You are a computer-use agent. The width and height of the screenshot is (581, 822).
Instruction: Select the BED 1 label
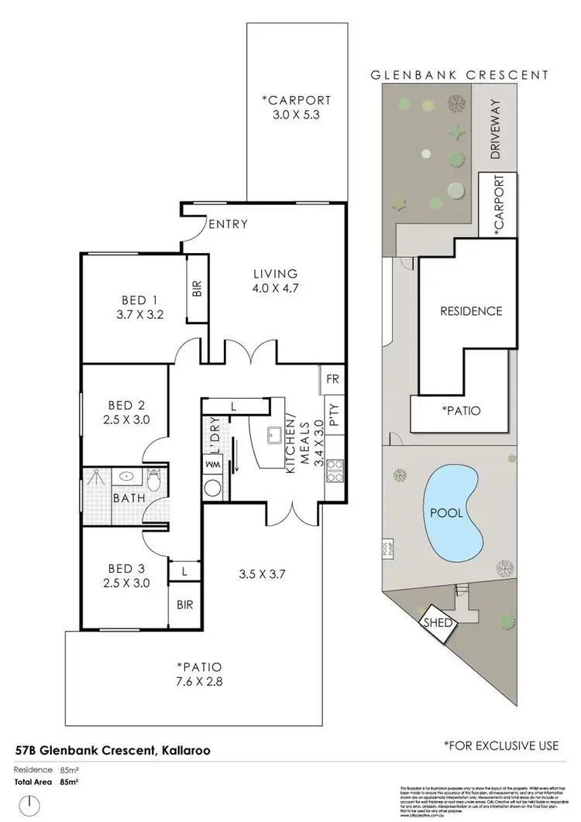pos(139,300)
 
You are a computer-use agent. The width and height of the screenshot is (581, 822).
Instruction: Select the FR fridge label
pos(332,380)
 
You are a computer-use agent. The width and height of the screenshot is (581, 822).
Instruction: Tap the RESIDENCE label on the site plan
pos(471,311)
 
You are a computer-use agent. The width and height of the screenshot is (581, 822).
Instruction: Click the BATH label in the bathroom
pos(129,498)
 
